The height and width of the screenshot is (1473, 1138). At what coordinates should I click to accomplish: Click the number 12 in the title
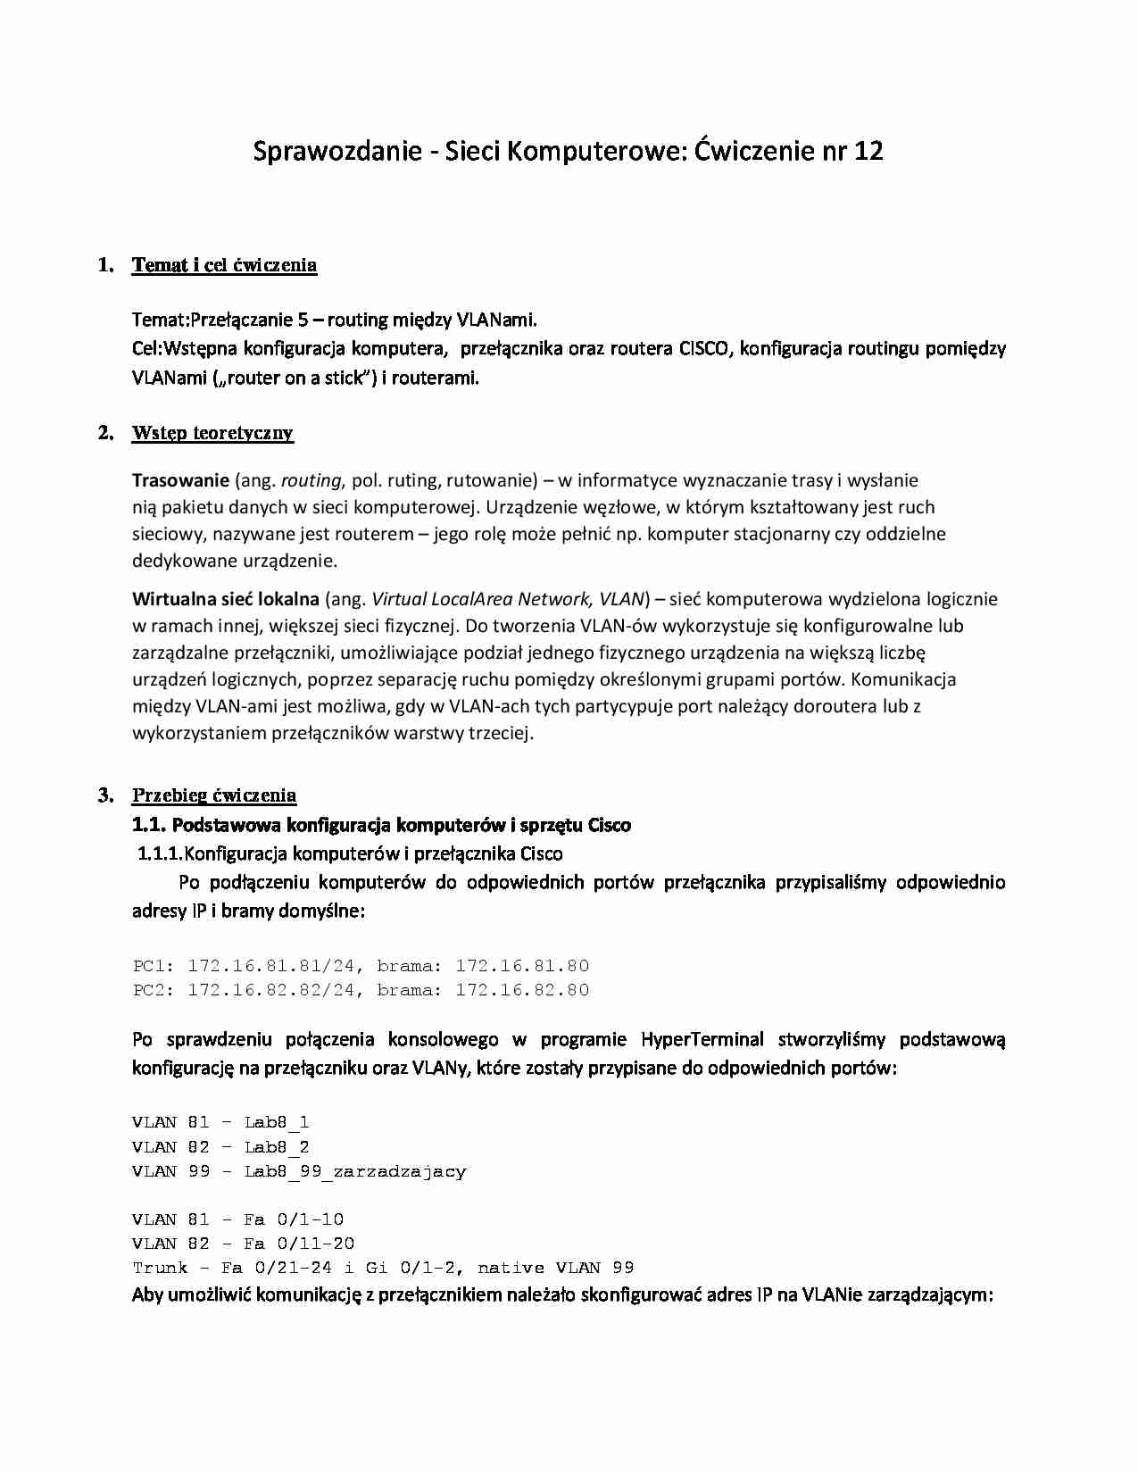[x=868, y=151]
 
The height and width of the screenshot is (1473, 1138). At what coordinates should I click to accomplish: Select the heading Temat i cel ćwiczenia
[x=224, y=265]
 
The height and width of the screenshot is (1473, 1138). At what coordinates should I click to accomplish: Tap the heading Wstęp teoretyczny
[x=212, y=433]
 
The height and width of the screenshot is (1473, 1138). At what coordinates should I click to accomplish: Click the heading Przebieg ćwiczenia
[x=214, y=795]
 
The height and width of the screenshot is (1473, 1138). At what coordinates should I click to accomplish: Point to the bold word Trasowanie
[x=180, y=480]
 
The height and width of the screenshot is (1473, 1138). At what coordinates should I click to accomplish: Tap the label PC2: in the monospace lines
[x=154, y=990]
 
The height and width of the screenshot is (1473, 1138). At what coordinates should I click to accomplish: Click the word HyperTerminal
[x=702, y=1039]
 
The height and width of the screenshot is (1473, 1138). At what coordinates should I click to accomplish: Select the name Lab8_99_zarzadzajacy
[x=354, y=1171]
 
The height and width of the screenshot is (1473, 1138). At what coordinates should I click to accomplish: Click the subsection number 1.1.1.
[x=159, y=853]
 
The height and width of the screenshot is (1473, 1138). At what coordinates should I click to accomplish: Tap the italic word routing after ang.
[x=311, y=480]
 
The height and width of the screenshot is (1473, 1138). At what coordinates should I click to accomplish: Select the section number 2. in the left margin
[x=105, y=433]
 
